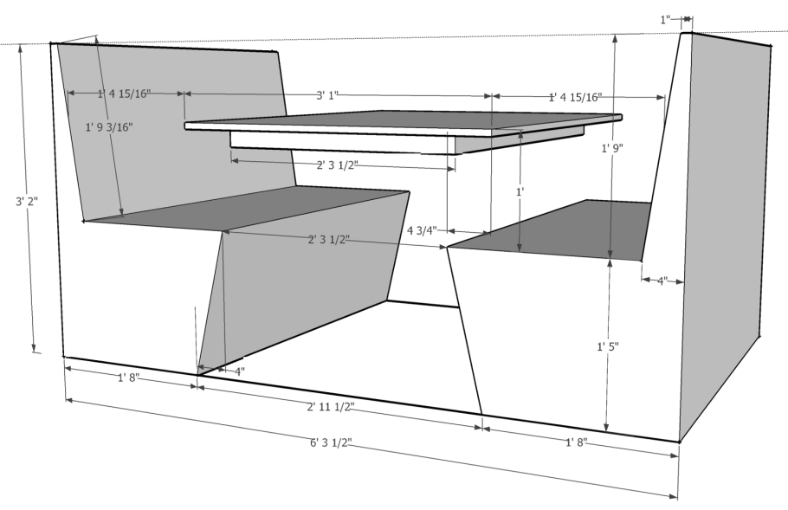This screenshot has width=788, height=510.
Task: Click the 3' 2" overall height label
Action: click(x=27, y=202)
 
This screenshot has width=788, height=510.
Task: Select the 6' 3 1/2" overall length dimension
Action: click(x=331, y=442)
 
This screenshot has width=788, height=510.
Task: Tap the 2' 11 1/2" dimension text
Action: click(x=331, y=406)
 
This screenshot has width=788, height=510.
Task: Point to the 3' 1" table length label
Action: click(x=327, y=95)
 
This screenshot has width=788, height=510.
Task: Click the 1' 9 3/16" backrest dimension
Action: click(x=109, y=127)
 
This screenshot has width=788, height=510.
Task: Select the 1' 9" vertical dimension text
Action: click(x=612, y=148)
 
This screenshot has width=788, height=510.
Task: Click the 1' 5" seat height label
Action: click(x=608, y=346)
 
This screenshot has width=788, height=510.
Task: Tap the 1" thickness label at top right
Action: click(x=665, y=20)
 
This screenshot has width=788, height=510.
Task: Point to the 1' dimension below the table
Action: click(x=520, y=191)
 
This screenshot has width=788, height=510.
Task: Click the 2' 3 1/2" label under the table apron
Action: click(x=338, y=165)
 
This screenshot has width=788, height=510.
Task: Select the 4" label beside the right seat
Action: click(x=662, y=281)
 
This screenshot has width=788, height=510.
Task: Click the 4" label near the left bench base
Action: click(x=240, y=371)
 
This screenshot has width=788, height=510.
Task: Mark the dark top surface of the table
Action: click(x=402, y=119)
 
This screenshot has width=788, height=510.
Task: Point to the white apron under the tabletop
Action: click(x=342, y=140)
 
